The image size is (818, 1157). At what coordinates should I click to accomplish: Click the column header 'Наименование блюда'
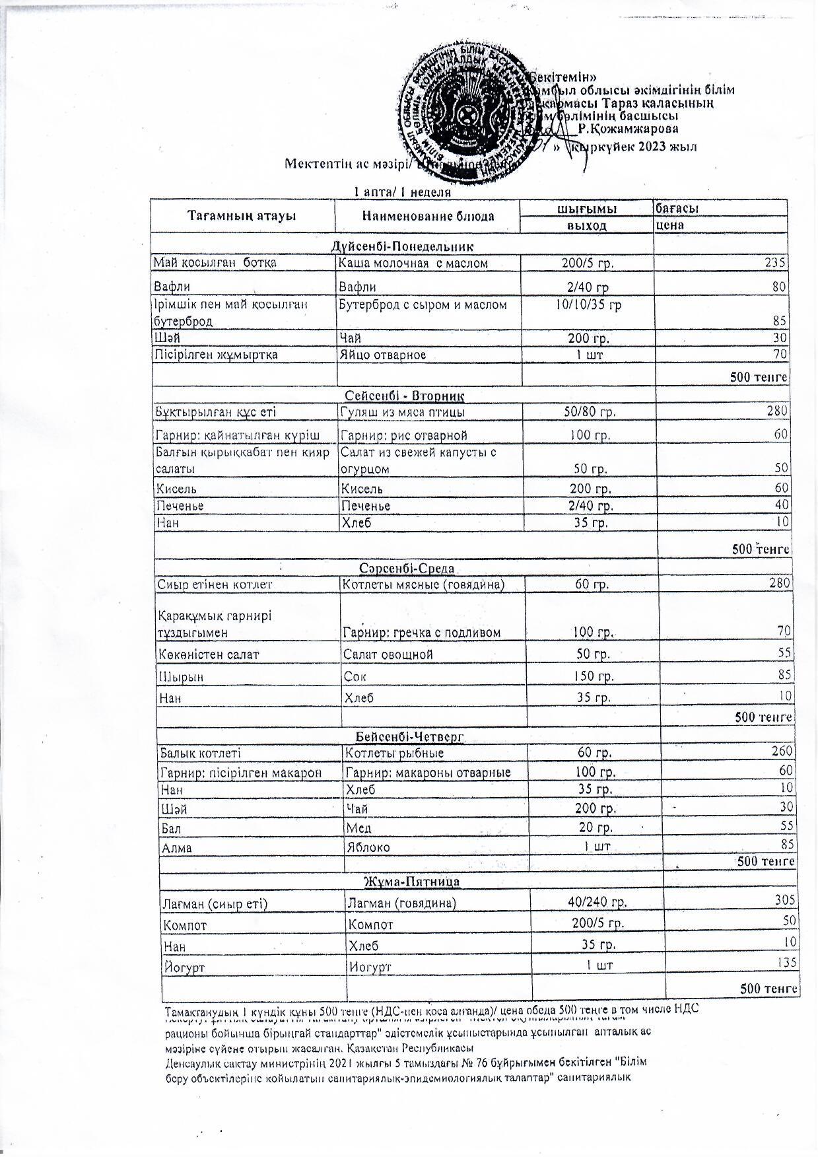[428, 216]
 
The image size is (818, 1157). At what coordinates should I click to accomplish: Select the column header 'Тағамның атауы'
[242, 216]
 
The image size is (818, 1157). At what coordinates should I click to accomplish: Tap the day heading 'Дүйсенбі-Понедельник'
[402, 247]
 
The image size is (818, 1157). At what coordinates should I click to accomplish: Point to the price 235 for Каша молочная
[776, 263]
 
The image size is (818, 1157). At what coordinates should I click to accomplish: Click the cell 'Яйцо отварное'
[382, 355]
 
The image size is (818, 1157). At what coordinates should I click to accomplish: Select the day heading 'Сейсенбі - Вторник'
[405, 396]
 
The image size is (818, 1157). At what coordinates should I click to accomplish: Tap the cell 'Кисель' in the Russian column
[361, 489]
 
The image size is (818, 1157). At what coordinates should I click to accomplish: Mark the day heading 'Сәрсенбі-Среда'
[407, 569]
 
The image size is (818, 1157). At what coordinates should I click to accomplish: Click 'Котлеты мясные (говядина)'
[423, 584]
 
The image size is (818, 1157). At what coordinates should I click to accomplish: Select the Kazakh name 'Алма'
[176, 847]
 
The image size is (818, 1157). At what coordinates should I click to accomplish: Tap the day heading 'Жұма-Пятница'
[412, 882]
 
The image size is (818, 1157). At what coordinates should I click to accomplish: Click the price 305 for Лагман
[785, 900]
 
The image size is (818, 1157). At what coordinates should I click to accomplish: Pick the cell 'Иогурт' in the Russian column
[370, 967]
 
